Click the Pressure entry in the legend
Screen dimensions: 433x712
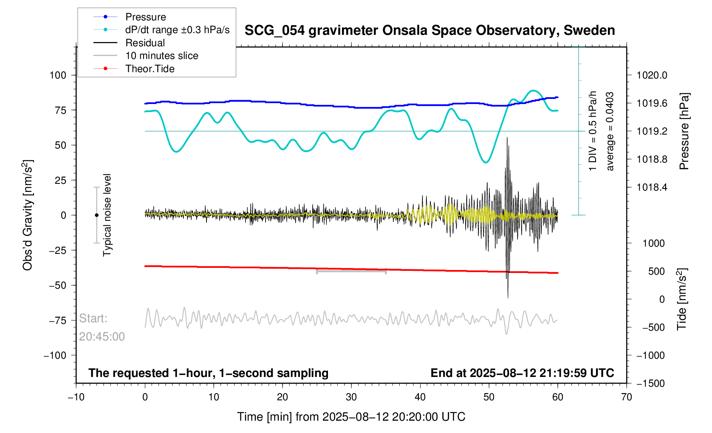point(145,17)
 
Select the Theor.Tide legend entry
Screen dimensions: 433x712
point(150,69)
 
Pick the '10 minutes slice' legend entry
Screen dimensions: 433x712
point(161,56)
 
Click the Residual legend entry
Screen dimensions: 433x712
point(145,43)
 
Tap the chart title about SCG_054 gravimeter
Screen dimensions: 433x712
point(429,31)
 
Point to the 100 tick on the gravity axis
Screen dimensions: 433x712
point(58,75)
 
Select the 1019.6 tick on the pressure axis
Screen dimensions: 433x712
point(652,103)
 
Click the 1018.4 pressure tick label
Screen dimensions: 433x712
point(652,187)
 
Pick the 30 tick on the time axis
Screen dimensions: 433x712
point(351,397)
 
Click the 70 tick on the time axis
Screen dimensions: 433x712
point(626,397)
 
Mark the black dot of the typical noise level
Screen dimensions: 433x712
point(96,215)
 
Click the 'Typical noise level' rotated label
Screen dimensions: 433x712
point(107,215)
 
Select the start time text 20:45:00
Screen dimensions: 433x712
point(102,337)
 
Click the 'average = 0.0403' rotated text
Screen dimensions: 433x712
point(610,131)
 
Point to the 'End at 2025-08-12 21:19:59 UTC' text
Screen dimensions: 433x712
point(522,373)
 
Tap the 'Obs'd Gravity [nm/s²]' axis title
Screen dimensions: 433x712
point(28,215)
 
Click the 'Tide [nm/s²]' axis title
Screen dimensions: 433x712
point(681,299)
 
